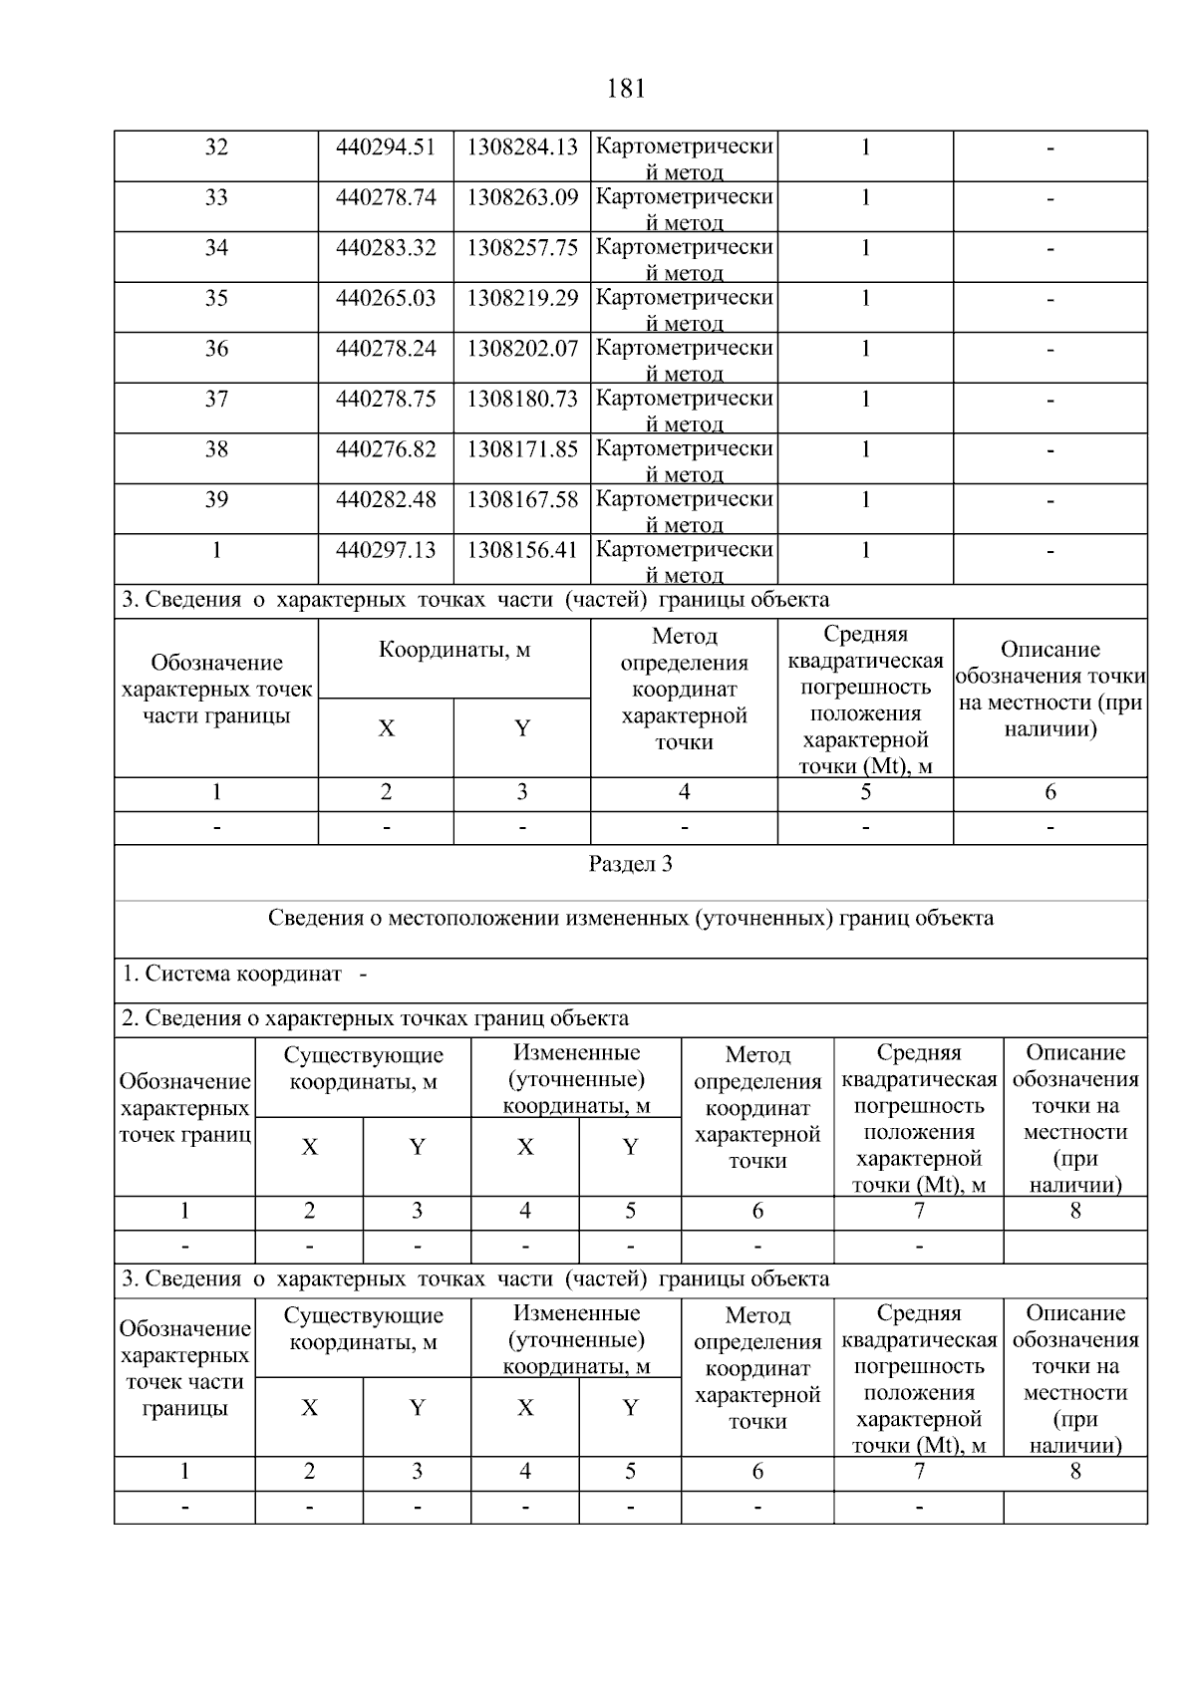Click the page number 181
625,90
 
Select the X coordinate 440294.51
386,147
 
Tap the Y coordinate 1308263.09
522,197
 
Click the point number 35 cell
216,298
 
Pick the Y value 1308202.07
522,349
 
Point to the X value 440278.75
386,399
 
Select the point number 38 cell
216,449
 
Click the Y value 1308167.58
522,499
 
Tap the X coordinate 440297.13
386,550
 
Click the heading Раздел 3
630,864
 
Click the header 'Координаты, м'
454,651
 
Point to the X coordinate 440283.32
386,248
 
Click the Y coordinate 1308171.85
522,449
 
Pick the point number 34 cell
216,248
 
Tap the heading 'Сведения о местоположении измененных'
630,918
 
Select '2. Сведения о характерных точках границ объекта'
375,1018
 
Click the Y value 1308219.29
522,298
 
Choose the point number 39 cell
216,499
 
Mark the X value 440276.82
386,449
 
